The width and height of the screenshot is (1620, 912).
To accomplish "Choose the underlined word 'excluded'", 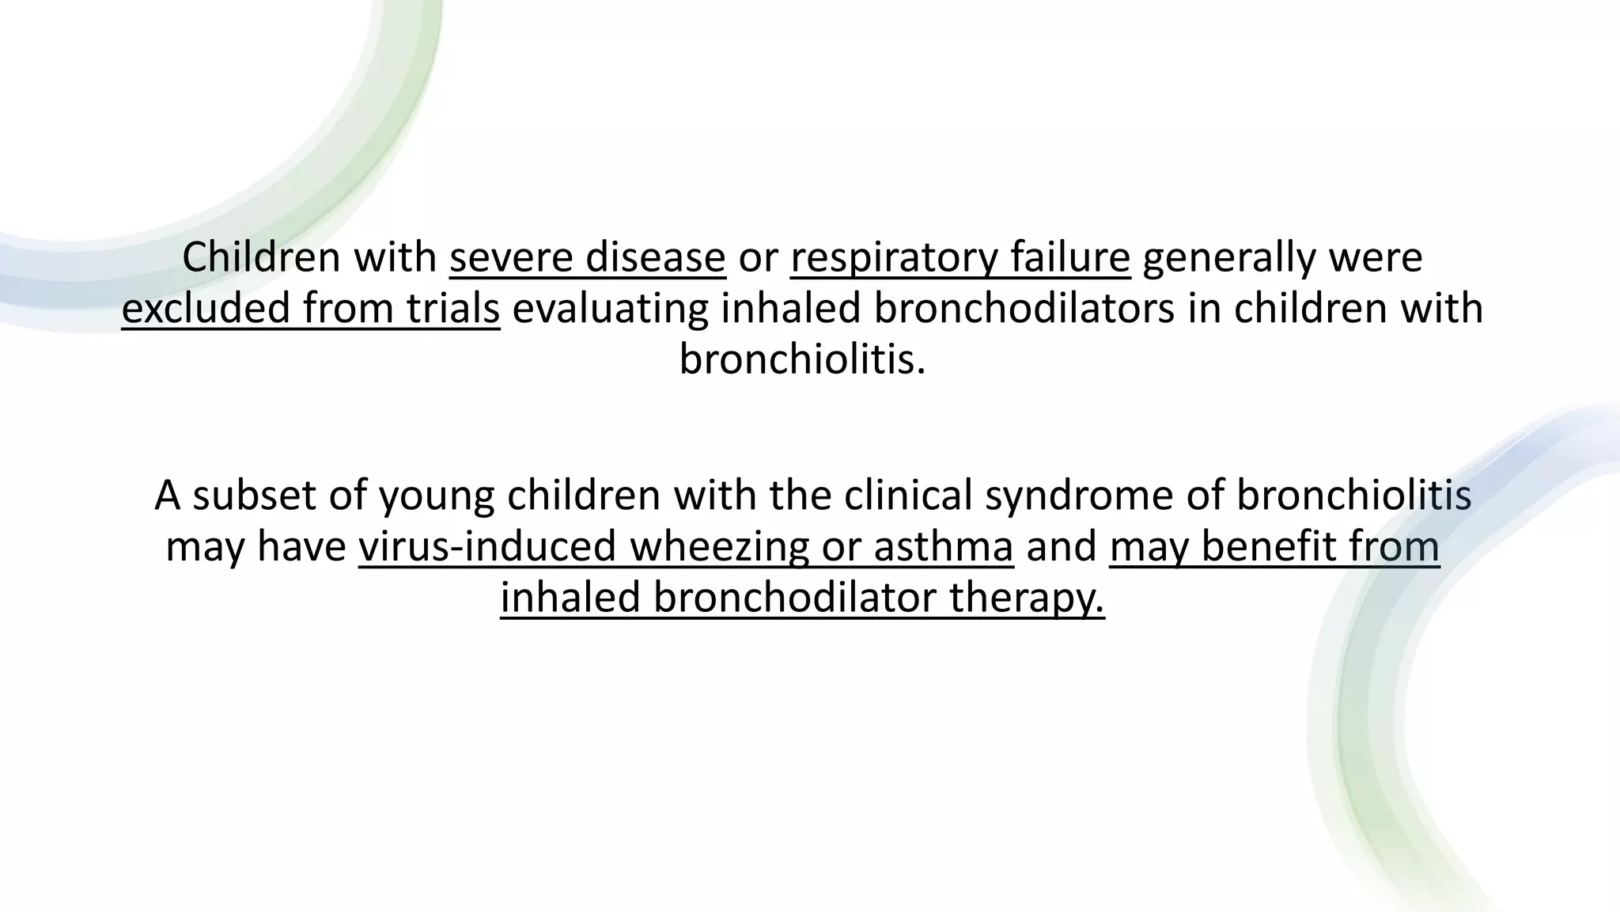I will pyautogui.click(x=206, y=309).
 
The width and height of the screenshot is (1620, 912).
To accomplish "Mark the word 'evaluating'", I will pyautogui.click(x=611, y=309).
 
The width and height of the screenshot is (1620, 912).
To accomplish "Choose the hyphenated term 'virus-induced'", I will pyautogui.click(x=487, y=547).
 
